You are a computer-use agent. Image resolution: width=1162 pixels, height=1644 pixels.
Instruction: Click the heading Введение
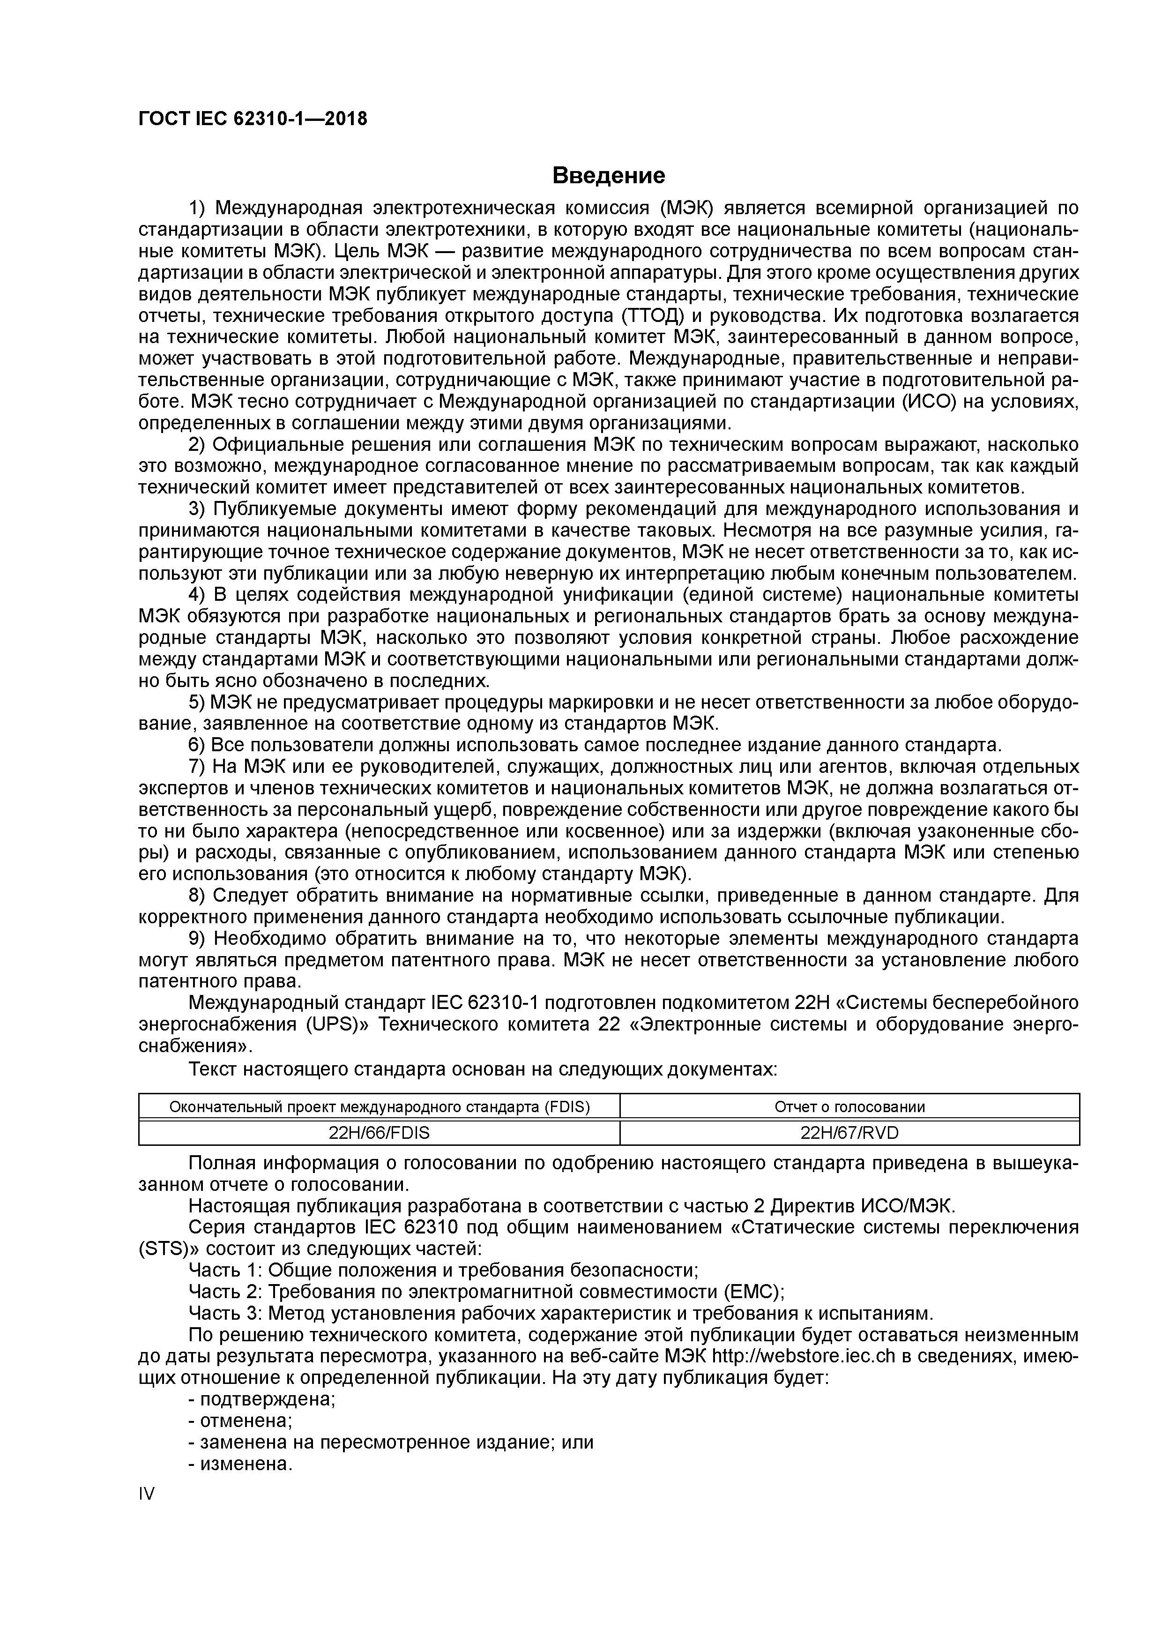click(609, 175)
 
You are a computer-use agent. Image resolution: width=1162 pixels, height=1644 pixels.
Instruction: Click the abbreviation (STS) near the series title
click(163, 1249)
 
